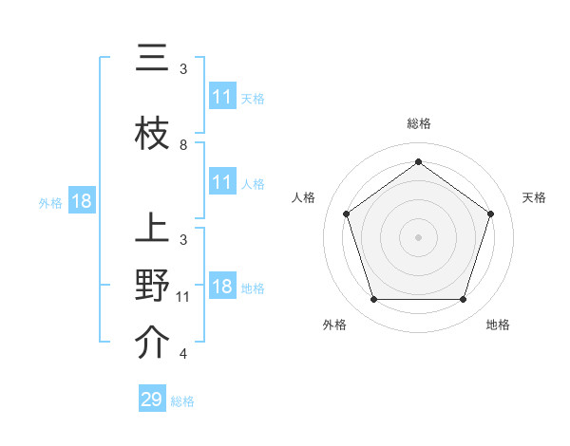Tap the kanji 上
pyautogui.click(x=152, y=230)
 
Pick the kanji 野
pyautogui.click(x=152, y=287)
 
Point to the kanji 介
pyautogui.click(x=152, y=344)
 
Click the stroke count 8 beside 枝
pyautogui.click(x=183, y=145)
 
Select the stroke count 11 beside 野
pyautogui.click(x=183, y=297)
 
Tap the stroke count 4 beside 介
pyautogui.click(x=183, y=354)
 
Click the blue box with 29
pyautogui.click(x=152, y=400)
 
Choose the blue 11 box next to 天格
pyautogui.click(x=222, y=97)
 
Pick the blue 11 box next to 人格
pyautogui.click(x=222, y=182)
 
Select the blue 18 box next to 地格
pyautogui.click(x=222, y=288)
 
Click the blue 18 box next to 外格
pyautogui.click(x=81, y=201)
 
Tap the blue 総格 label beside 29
pyautogui.click(x=182, y=401)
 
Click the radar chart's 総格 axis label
pyautogui.click(x=418, y=123)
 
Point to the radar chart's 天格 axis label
pyautogui.click(x=534, y=197)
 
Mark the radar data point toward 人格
pyautogui.click(x=346, y=214)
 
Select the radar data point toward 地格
pyautogui.click(x=463, y=300)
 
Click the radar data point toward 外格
pyautogui.click(x=373, y=300)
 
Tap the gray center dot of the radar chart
pyautogui.click(x=418, y=236)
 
